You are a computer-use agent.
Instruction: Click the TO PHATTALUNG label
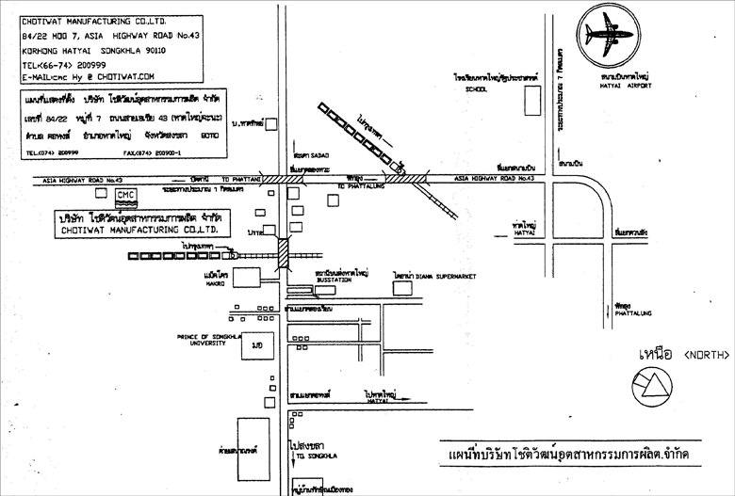tap(357, 187)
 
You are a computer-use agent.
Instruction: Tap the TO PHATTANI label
tap(235, 178)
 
